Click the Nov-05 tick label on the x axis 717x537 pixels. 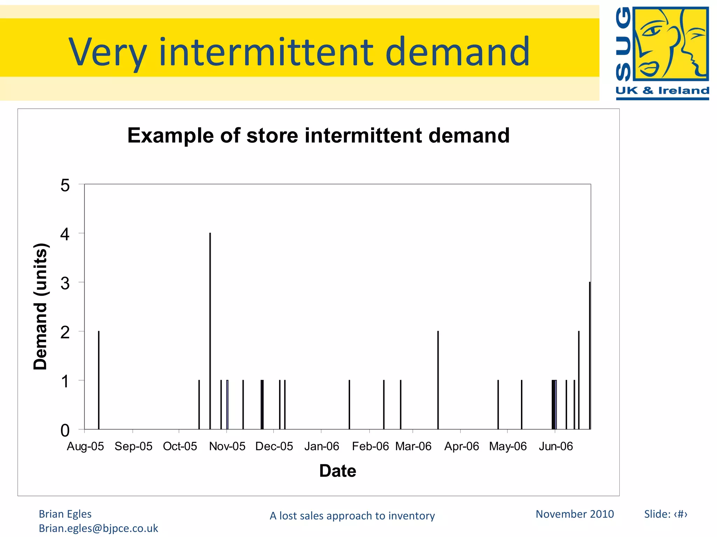(227, 446)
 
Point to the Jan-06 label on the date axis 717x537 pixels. (321, 446)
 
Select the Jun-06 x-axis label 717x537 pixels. (556, 446)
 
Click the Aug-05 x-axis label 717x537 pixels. (85, 446)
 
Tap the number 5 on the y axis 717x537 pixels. (65, 185)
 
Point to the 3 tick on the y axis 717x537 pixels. (65, 283)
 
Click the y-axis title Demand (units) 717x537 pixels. (40, 306)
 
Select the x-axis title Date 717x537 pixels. (337, 471)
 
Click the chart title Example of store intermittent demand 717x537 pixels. (318, 135)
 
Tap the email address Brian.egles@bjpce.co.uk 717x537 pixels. (98, 528)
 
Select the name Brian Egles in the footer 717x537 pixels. (65, 514)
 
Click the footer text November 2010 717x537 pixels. (575, 514)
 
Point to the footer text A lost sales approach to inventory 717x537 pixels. (352, 516)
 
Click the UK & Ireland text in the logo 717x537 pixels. (662, 91)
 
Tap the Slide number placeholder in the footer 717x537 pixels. (666, 514)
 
